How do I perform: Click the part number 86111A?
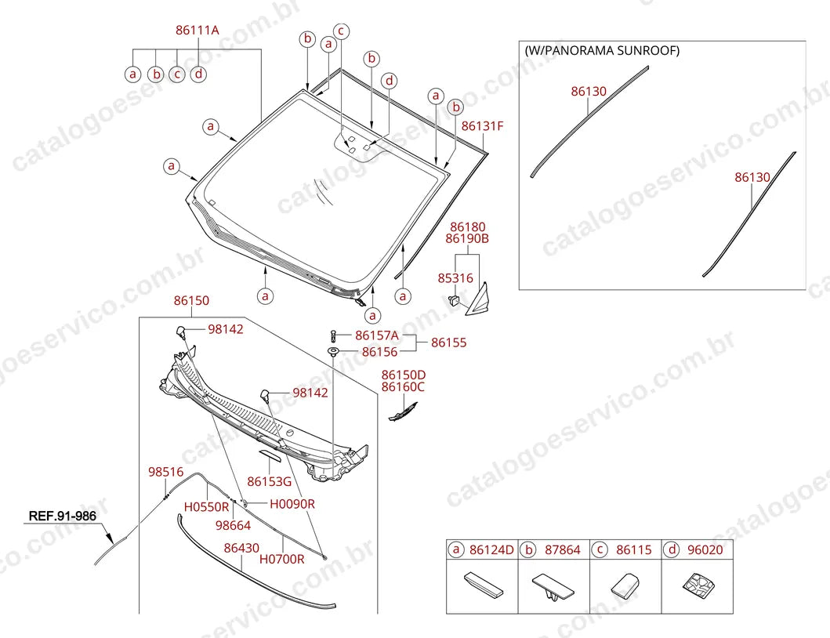pyautogui.click(x=197, y=31)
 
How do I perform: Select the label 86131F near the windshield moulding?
pyautogui.click(x=482, y=126)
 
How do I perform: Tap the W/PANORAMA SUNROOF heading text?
pyautogui.click(x=602, y=50)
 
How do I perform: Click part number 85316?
pyautogui.click(x=455, y=278)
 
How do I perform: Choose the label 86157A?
pyautogui.click(x=377, y=335)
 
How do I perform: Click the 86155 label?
pyautogui.click(x=449, y=343)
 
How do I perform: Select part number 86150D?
pyautogui.click(x=404, y=375)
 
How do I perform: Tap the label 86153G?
pyautogui.click(x=270, y=481)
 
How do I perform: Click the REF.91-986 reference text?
pyautogui.click(x=63, y=516)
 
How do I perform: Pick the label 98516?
pyautogui.click(x=165, y=472)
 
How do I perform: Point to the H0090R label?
pyautogui.click(x=292, y=504)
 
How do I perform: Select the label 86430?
pyautogui.click(x=241, y=548)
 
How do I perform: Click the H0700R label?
pyautogui.click(x=281, y=559)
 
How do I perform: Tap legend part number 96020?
pyautogui.click(x=705, y=550)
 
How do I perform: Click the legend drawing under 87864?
pyautogui.click(x=553, y=587)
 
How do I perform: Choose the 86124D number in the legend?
pyautogui.click(x=491, y=550)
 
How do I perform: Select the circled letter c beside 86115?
pyautogui.click(x=600, y=549)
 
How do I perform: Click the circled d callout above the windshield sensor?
pyautogui.click(x=390, y=81)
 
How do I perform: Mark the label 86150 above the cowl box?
pyautogui.click(x=191, y=301)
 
